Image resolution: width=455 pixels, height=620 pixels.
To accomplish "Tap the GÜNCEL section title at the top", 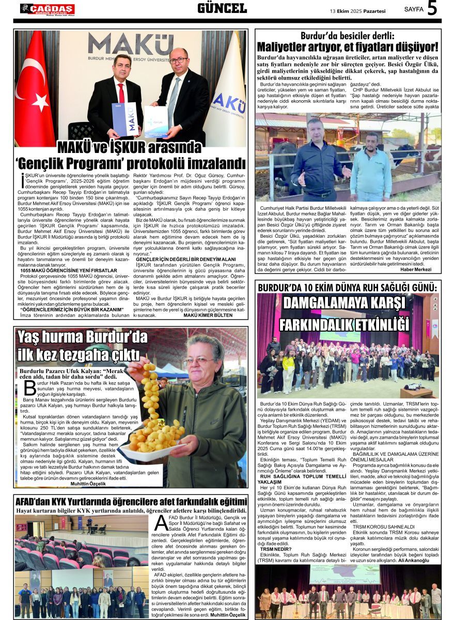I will tap(222, 8).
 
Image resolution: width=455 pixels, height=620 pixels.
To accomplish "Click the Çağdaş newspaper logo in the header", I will tap(48, 9).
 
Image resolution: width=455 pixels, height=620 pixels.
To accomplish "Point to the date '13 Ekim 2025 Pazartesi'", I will tap(358, 10).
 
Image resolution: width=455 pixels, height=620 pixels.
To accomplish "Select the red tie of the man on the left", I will tap(121, 93).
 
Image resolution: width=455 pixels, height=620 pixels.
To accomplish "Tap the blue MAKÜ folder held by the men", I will tap(124, 119).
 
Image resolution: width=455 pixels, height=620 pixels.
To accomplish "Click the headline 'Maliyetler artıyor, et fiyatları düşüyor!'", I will tap(348, 47).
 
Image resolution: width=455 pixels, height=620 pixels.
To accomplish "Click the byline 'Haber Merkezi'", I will tap(416, 269).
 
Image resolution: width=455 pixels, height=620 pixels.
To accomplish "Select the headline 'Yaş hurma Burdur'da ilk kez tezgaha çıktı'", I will tap(83, 346).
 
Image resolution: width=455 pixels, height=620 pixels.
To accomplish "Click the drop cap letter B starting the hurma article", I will tap(30, 389).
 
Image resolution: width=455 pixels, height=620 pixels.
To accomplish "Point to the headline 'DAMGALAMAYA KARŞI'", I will tap(344, 303).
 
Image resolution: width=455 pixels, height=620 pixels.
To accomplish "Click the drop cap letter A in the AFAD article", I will tap(162, 523).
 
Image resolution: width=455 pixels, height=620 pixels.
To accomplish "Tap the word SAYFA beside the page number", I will tap(414, 9).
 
